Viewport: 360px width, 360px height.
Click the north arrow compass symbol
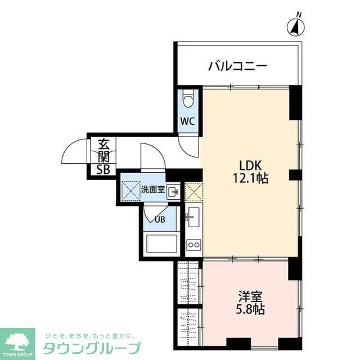pos(295,26)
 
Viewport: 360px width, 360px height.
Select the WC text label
pos(188,120)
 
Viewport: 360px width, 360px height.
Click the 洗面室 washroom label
pos(152,190)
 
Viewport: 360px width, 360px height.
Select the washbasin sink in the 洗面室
pos(173,192)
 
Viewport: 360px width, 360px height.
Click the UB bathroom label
pos(160,219)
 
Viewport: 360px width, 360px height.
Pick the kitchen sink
pos(193,216)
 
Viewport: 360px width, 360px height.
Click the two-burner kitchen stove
pos(193,244)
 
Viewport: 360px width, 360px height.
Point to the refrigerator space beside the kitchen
pos(193,192)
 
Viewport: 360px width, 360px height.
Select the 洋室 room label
pos(247,296)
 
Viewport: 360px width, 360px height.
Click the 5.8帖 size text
pos(247,309)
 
